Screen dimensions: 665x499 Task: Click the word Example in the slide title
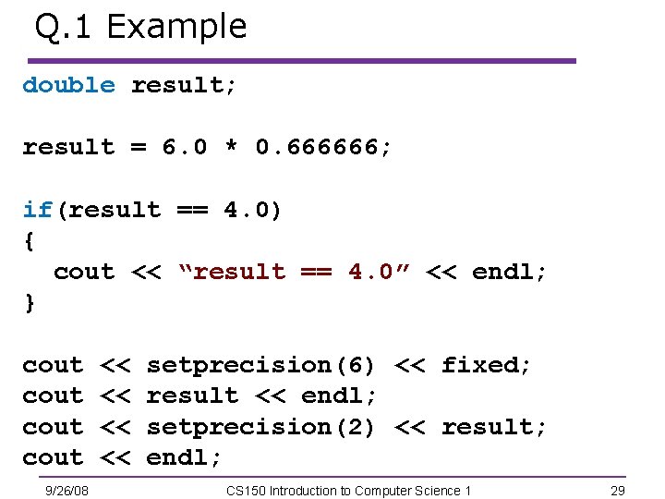[x=176, y=27]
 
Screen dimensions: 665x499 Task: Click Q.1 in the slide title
[x=65, y=27]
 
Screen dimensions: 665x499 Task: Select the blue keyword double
[x=68, y=85]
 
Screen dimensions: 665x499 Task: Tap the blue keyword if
[x=38, y=210]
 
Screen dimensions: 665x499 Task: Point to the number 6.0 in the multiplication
[x=185, y=147]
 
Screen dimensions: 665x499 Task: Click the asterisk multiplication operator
[x=231, y=148]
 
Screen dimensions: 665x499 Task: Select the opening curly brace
[x=29, y=241]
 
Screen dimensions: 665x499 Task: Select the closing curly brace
[x=29, y=304]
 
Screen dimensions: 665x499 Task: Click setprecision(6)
[x=261, y=365]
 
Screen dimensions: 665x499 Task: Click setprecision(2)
[x=261, y=427]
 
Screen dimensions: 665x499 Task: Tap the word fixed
[x=486, y=365]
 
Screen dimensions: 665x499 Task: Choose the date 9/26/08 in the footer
[x=67, y=490]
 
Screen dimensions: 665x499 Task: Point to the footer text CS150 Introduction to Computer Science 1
[x=349, y=490]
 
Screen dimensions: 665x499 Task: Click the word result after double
[x=184, y=85]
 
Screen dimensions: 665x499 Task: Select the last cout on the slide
[x=53, y=457]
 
